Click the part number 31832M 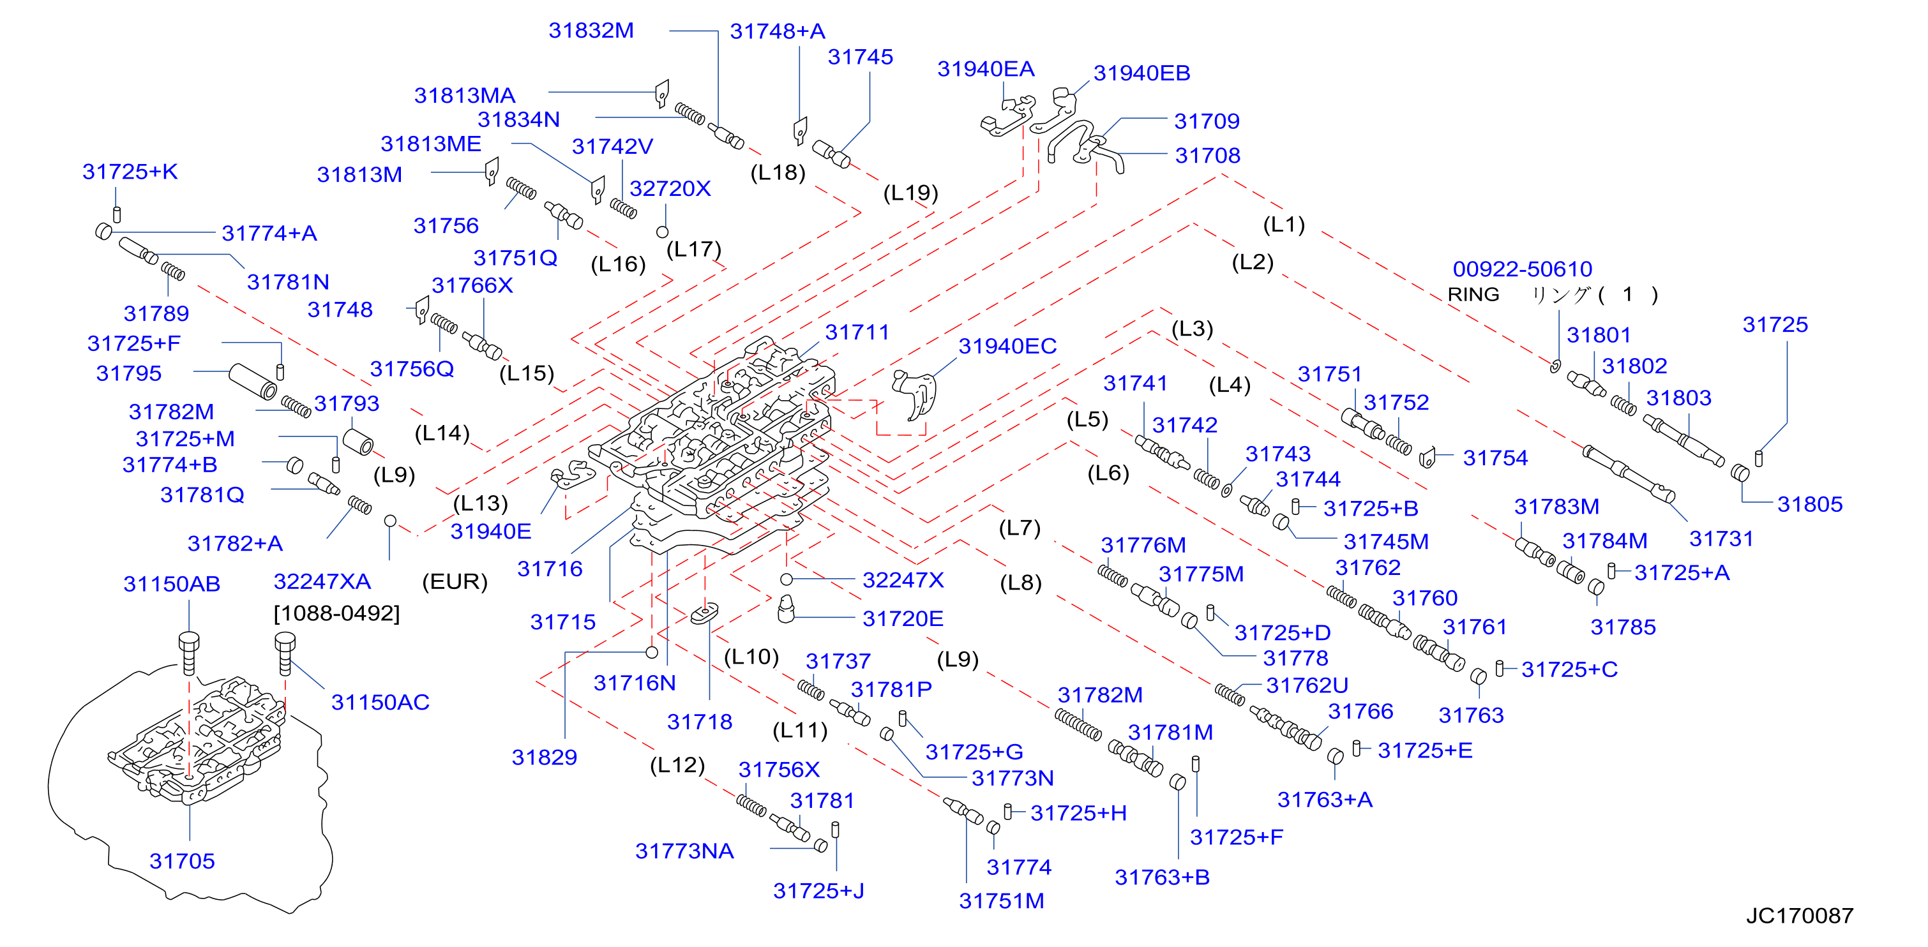coord(591,31)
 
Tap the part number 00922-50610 coord(1523,269)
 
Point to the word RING coord(1473,295)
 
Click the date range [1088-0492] coord(337,613)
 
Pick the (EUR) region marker coord(455,581)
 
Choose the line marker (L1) coord(1284,225)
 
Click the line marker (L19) coord(910,193)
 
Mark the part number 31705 coord(182,861)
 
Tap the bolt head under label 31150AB coord(188,641)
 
